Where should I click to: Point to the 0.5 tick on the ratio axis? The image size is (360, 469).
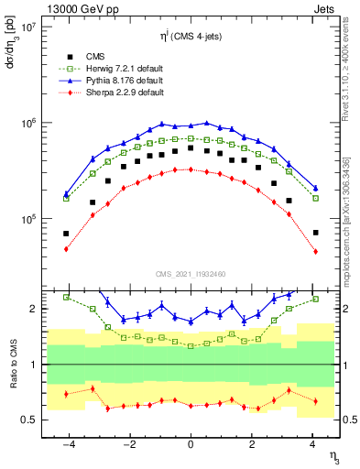(29, 420)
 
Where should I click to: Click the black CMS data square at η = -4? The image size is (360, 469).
(66, 233)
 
